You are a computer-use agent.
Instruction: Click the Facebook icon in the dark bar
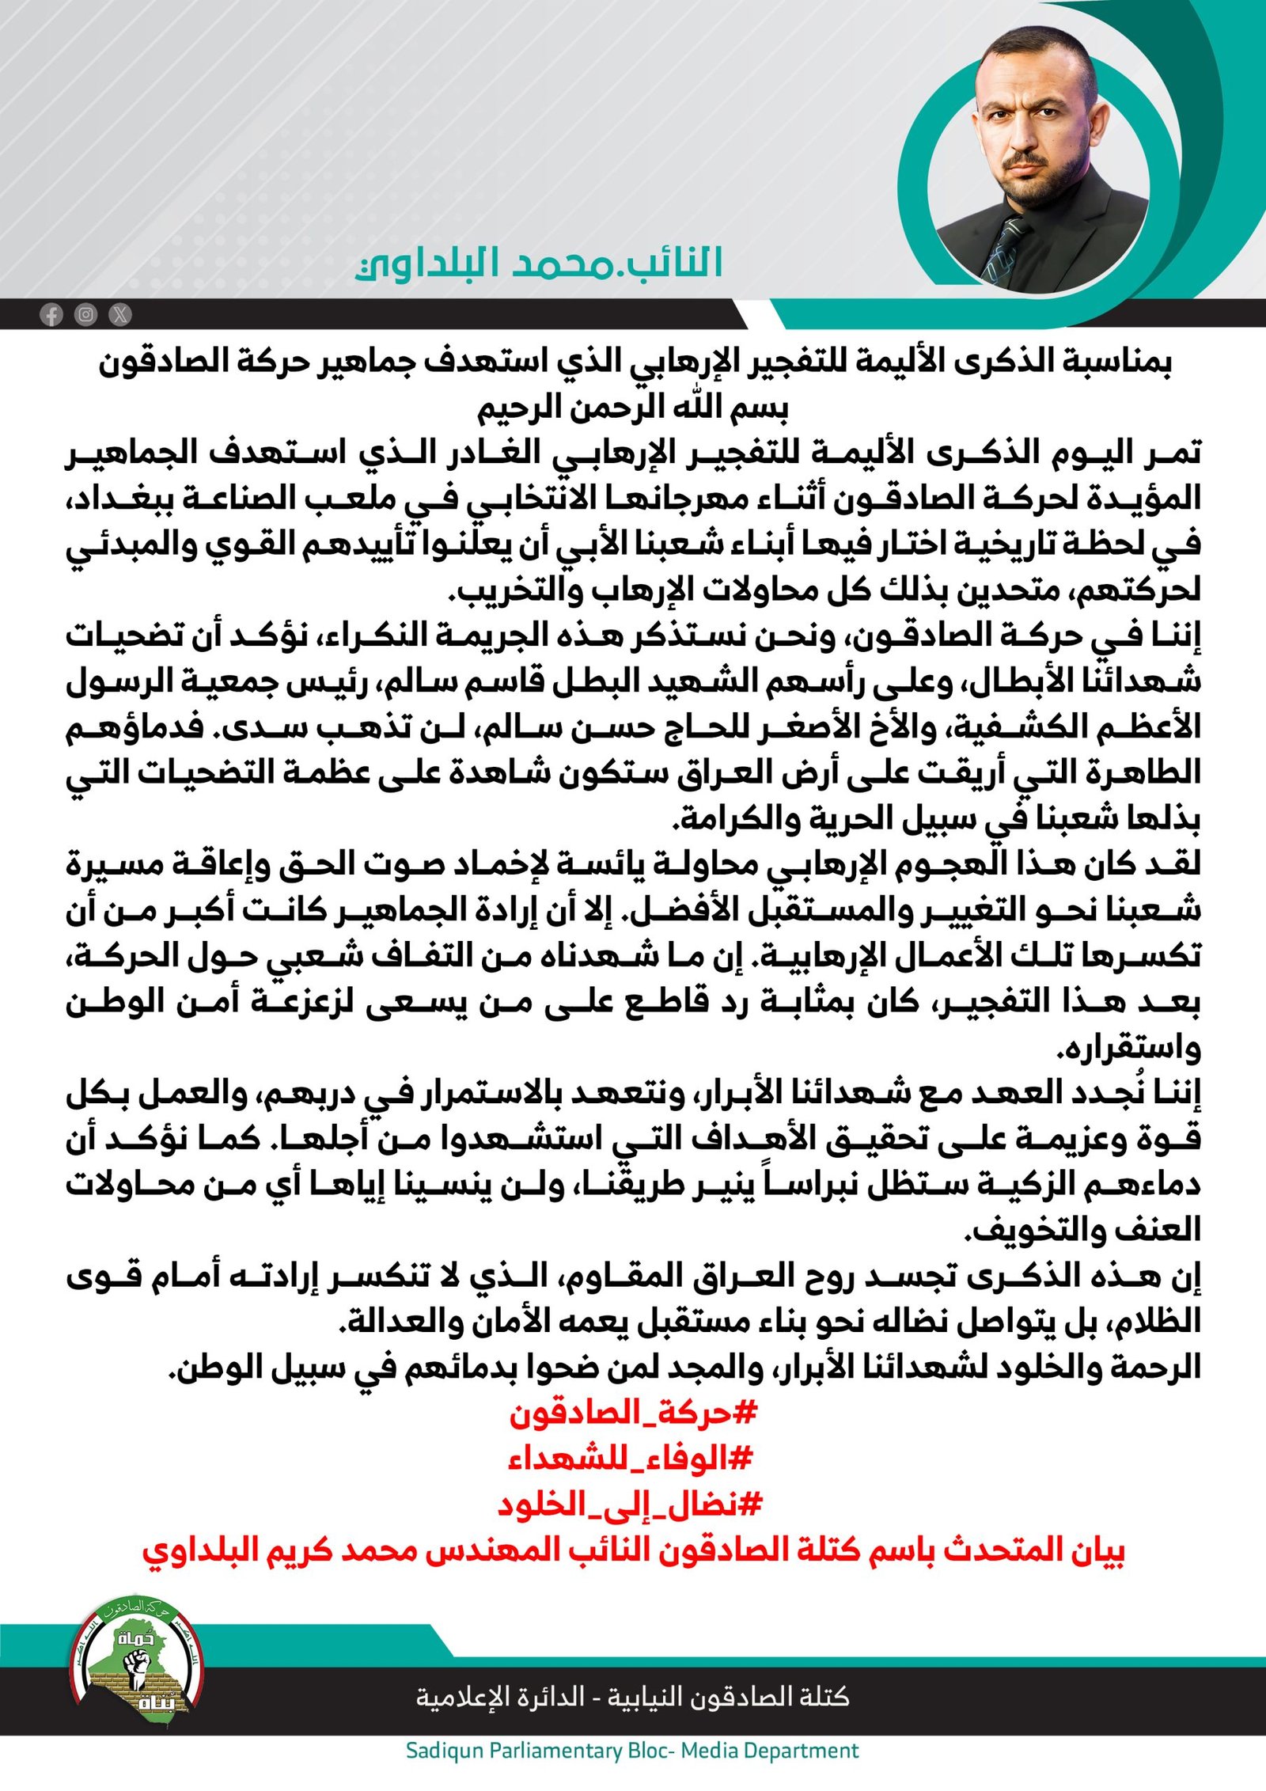(x=51, y=315)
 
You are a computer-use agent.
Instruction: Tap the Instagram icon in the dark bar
(x=85, y=315)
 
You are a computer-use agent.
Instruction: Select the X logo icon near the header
(x=120, y=315)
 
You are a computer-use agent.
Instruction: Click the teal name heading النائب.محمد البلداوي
(x=539, y=263)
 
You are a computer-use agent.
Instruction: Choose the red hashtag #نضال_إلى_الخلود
(x=630, y=1504)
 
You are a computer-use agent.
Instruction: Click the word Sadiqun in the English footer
(x=444, y=1751)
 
